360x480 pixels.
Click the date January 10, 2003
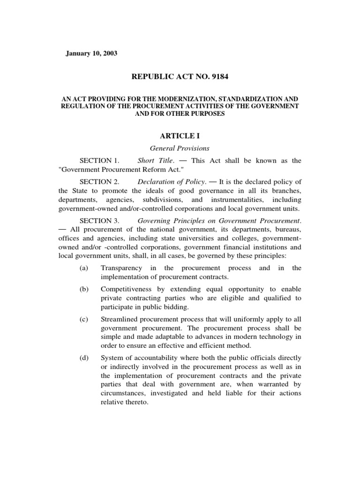[x=91, y=53]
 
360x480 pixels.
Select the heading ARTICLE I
[x=180, y=136]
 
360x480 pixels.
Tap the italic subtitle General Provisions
[x=180, y=149]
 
